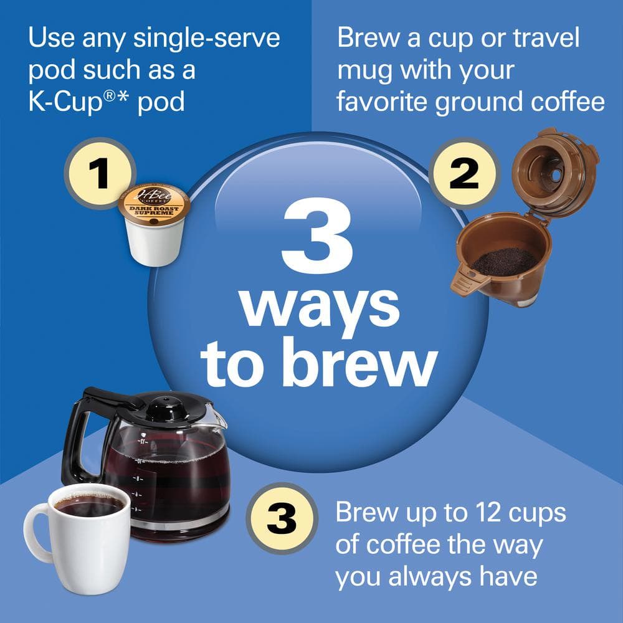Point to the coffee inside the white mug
(88, 505)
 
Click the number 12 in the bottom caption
(471, 513)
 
